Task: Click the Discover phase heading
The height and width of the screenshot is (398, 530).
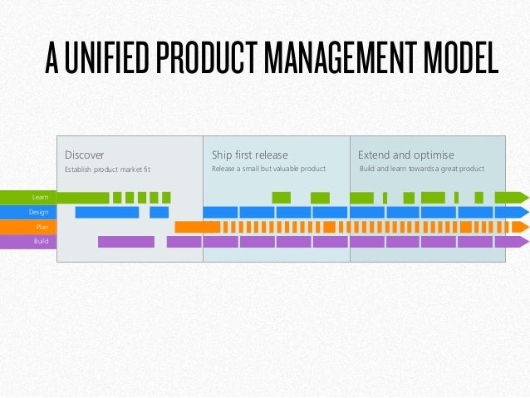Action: coord(85,155)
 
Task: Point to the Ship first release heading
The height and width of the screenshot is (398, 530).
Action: coord(250,155)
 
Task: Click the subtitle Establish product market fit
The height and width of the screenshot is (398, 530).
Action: coord(107,170)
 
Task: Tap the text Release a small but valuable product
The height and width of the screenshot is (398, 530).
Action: coord(269,170)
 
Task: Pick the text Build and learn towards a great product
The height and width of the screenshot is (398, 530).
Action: coord(421,170)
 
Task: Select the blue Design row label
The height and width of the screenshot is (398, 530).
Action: coord(38,212)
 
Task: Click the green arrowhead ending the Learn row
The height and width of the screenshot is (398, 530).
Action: coord(523,197)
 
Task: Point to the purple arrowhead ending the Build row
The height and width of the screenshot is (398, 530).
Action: coord(523,242)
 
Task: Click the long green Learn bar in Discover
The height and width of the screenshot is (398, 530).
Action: coord(83,197)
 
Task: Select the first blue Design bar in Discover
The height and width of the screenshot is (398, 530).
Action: coord(106,212)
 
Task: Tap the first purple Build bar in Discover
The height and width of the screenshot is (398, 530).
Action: coord(125,242)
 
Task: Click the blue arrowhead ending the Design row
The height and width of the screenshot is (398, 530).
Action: coord(523,212)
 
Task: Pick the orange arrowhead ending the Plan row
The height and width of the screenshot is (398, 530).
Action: coord(523,227)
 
